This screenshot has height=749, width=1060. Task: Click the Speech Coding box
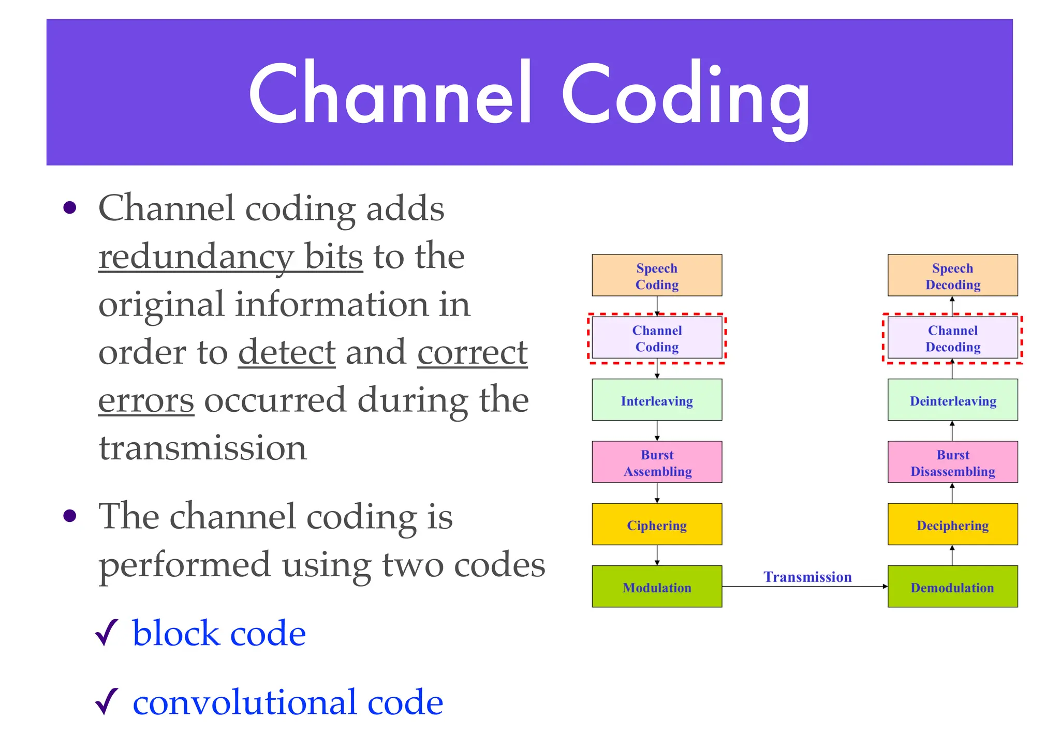[x=656, y=275]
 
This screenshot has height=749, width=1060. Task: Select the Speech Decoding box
[x=952, y=275]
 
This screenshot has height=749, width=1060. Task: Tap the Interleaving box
[x=656, y=400]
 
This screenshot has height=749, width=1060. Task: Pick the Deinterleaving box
[x=952, y=400]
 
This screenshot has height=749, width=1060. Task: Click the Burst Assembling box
[x=656, y=462]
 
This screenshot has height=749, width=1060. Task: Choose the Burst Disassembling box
[x=952, y=462]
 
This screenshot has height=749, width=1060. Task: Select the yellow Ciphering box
[x=656, y=524]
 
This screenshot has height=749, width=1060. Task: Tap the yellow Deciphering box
[x=952, y=524]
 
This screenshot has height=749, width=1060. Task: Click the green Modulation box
[x=656, y=586]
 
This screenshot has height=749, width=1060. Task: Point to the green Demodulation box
[x=952, y=586]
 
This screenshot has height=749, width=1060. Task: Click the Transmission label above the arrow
[x=807, y=576]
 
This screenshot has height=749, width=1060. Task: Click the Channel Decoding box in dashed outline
[x=952, y=338]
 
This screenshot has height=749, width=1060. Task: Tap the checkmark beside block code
[x=107, y=633]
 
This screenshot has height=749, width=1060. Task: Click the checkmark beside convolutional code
[x=107, y=702]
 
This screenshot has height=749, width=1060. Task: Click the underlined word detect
[x=287, y=352]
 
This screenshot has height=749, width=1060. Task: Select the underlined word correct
[x=472, y=352]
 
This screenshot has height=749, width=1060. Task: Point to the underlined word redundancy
[x=196, y=257]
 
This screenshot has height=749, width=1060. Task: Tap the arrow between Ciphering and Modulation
[x=657, y=555]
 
